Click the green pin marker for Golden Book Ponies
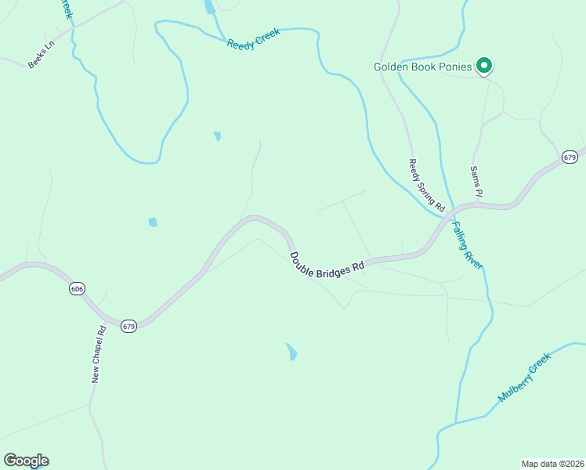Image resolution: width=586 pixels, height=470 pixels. tap(484, 66)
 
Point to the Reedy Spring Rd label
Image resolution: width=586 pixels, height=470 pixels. tap(426, 186)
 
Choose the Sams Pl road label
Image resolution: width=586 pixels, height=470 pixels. tap(476, 181)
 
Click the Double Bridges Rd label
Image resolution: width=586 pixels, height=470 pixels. tap(327, 262)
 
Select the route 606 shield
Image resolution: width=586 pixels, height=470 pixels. tap(76, 289)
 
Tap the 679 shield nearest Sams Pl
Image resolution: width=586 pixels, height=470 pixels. tap(570, 157)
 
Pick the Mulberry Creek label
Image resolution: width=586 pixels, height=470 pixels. tap(525, 378)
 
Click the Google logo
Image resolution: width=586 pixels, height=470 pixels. tap(26, 461)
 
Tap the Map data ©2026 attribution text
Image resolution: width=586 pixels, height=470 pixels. tap(552, 463)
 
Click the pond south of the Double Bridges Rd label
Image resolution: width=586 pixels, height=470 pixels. tap(291, 352)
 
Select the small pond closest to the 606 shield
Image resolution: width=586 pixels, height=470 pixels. tap(152, 222)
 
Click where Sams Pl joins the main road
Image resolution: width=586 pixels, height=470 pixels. tap(473, 205)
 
